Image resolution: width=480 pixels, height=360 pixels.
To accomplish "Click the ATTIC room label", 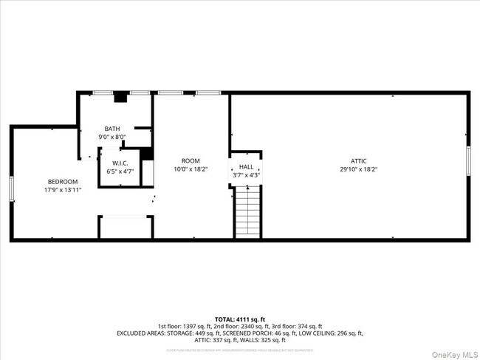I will pos(358,160).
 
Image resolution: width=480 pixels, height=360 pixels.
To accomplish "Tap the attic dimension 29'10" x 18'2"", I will pos(358,169).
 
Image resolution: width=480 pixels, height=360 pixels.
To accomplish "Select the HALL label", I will pos(246,167).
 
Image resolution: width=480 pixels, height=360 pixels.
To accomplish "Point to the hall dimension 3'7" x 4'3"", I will pos(246,175).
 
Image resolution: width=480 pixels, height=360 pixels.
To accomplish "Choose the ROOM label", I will pos(191,160).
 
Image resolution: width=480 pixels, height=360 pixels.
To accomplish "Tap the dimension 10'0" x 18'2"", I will pos(191,169).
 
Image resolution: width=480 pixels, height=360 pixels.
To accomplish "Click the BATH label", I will pos(112,129).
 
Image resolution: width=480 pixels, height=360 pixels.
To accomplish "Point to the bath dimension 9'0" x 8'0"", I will pos(112,137).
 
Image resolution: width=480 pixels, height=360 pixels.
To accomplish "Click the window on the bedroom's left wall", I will pos(11,188).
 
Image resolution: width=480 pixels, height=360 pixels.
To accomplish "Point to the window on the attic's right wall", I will pos(467,160).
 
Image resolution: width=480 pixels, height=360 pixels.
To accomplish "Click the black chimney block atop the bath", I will pos(121,95).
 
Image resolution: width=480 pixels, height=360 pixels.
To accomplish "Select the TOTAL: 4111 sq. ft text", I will pos(239,318).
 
